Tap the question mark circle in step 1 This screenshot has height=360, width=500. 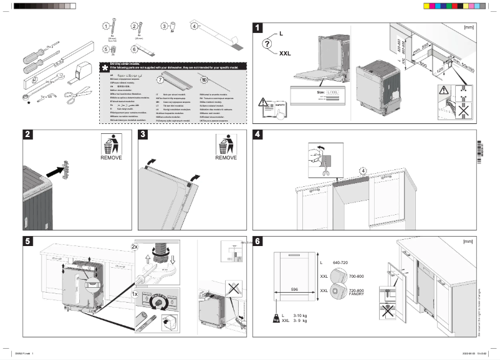coord(267,44)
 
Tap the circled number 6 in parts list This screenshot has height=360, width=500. coord(133,49)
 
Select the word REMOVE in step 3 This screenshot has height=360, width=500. coord(226,158)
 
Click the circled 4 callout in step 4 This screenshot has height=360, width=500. coord(363,169)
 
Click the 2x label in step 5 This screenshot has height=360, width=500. coord(135,247)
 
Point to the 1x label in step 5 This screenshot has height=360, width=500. coord(135,293)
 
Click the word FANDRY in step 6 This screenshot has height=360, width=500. coord(356,294)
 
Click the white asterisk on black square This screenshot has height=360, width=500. coord(105,67)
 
